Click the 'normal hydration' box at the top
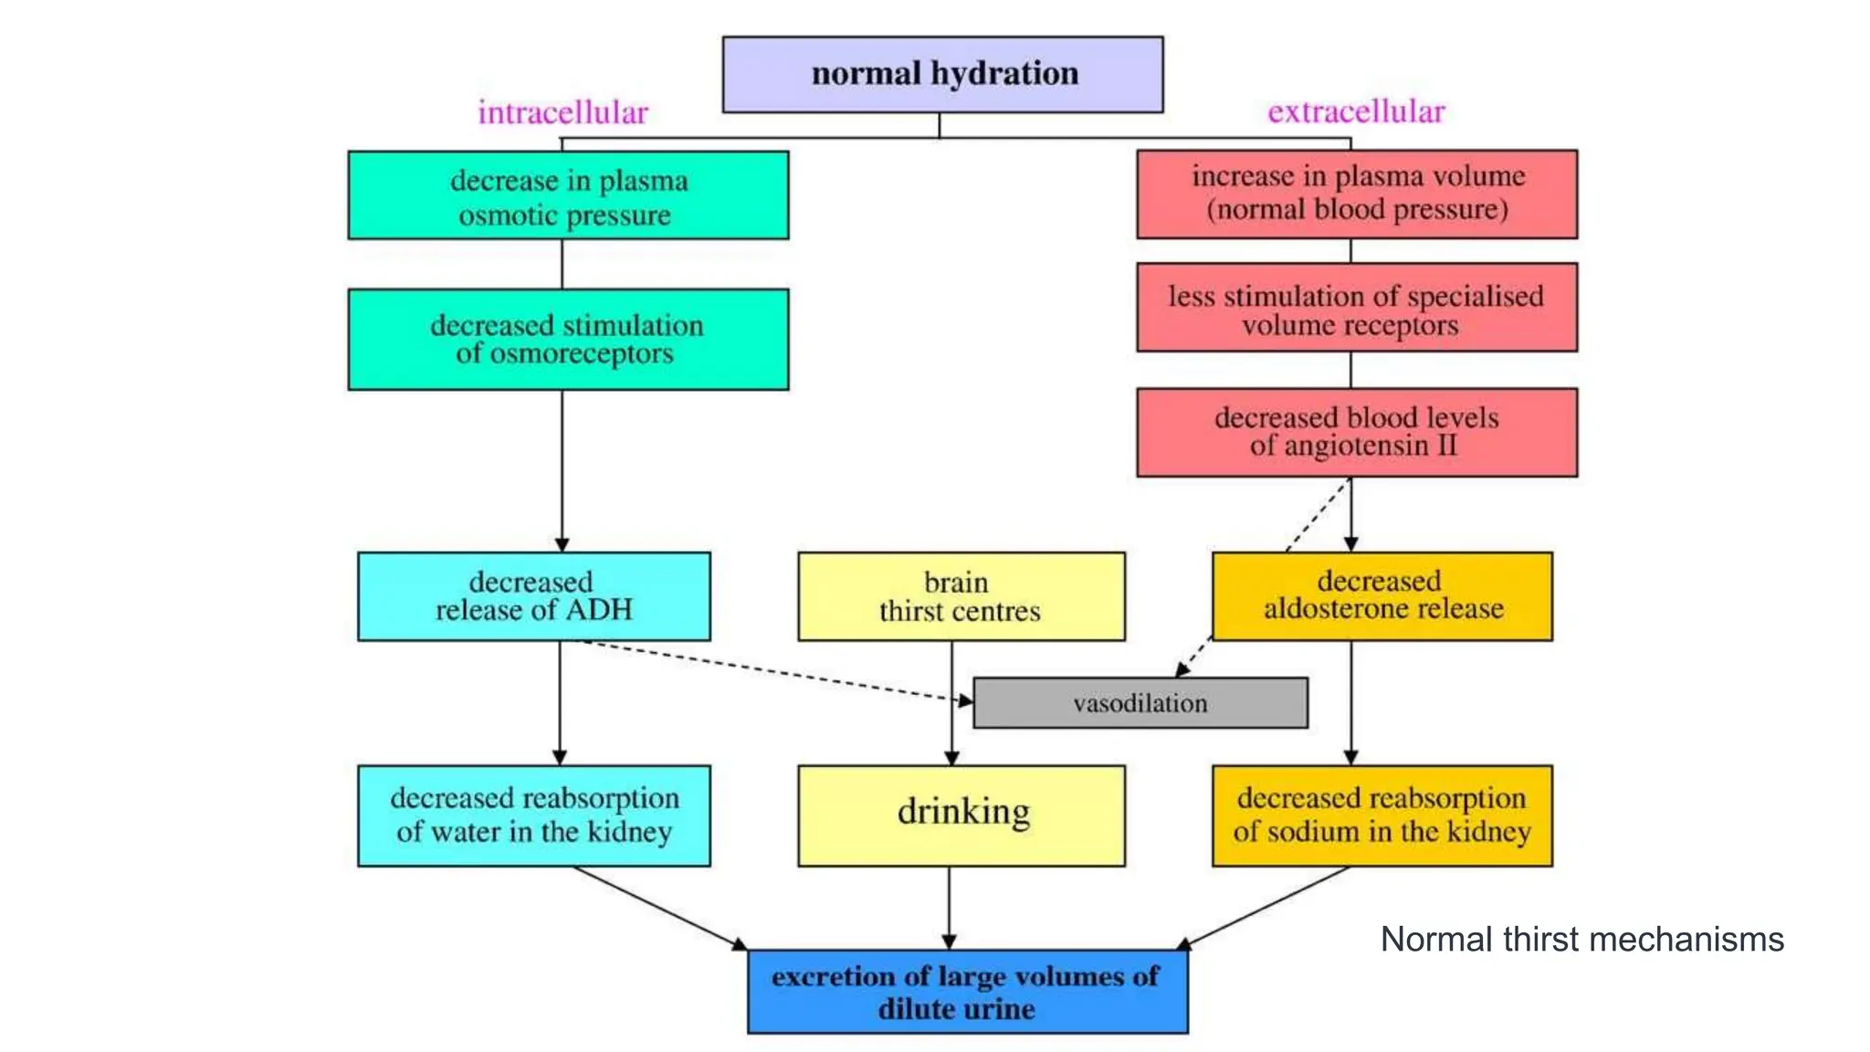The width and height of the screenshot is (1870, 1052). [942, 75]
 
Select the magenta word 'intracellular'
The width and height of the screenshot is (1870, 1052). [562, 112]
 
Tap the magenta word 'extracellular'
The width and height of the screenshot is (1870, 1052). [1356, 111]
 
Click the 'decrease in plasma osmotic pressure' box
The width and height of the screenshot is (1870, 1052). [568, 195]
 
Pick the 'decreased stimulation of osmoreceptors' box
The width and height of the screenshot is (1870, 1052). [568, 340]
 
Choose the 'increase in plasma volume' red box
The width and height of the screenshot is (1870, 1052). [1357, 194]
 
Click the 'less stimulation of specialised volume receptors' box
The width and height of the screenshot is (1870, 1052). [1357, 308]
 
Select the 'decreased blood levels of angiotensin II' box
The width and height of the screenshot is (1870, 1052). [1357, 432]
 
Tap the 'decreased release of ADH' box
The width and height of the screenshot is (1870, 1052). [534, 596]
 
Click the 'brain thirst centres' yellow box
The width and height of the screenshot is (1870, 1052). [961, 596]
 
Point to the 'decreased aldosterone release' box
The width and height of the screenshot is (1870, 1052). [1381, 596]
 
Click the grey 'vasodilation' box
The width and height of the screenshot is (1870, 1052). [1140, 703]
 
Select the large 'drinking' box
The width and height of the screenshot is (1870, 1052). [961, 815]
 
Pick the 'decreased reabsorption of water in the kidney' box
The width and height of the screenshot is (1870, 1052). [534, 815]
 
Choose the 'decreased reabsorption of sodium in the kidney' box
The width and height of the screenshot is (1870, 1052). [1381, 815]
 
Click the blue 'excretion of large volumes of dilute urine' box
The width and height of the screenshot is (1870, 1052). [967, 992]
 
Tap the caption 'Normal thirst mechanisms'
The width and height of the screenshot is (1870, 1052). [1581, 940]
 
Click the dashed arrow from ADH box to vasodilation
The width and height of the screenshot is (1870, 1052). [776, 671]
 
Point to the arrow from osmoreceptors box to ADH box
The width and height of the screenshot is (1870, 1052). [562, 470]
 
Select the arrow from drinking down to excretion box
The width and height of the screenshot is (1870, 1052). [949, 907]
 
